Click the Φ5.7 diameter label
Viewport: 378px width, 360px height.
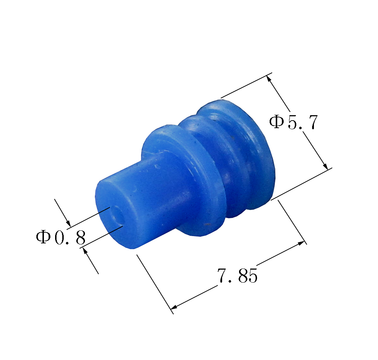[293, 122]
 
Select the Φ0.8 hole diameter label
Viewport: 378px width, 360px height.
[61, 237]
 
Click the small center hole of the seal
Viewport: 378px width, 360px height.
[117, 215]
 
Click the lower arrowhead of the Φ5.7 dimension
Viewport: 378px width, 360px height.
[325, 166]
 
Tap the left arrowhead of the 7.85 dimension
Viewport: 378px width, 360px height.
[174, 307]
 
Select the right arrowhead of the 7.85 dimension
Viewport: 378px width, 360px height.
[301, 243]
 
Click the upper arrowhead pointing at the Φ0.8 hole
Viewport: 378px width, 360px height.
[68, 224]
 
